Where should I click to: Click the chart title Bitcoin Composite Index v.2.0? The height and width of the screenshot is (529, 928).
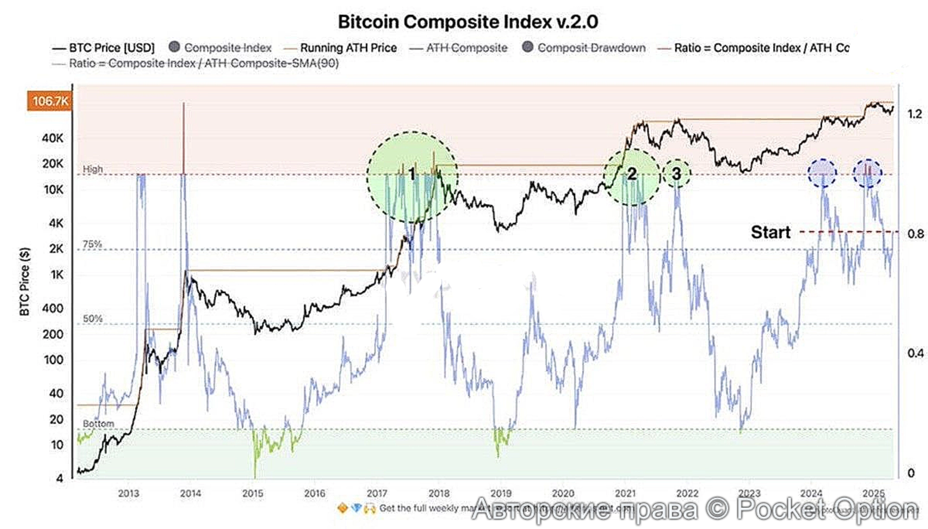pyautogui.click(x=468, y=22)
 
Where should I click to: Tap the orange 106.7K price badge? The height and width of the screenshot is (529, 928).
pyautogui.click(x=50, y=101)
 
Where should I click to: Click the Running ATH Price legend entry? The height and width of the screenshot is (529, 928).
pyautogui.click(x=348, y=48)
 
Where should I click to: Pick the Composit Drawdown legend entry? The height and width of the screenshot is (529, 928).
pyautogui.click(x=591, y=48)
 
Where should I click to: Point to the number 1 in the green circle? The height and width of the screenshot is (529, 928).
pyautogui.click(x=412, y=174)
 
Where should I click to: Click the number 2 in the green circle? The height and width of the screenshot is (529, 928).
pyautogui.click(x=632, y=174)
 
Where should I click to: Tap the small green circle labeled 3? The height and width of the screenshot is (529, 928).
pyautogui.click(x=677, y=174)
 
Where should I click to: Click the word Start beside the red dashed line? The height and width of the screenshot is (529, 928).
pyautogui.click(x=770, y=232)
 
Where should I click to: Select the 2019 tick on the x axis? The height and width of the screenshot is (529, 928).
pyautogui.click(x=501, y=493)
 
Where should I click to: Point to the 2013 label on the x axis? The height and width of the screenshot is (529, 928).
pyautogui.click(x=129, y=493)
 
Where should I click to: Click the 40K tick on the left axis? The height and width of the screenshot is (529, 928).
pyautogui.click(x=52, y=138)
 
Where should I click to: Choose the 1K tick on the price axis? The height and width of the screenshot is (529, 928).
pyautogui.click(x=57, y=275)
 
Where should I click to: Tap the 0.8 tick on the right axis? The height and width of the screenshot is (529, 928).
pyautogui.click(x=915, y=234)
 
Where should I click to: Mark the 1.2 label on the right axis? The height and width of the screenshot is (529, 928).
pyautogui.click(x=915, y=114)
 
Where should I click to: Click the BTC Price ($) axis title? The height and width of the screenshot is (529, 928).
pyautogui.click(x=25, y=281)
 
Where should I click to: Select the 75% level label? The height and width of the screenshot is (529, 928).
pyautogui.click(x=92, y=244)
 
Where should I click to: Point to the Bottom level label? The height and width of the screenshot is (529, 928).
pyautogui.click(x=98, y=424)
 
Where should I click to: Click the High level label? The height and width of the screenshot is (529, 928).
pyautogui.click(x=93, y=169)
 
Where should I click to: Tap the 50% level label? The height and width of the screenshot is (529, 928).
pyautogui.click(x=92, y=319)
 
